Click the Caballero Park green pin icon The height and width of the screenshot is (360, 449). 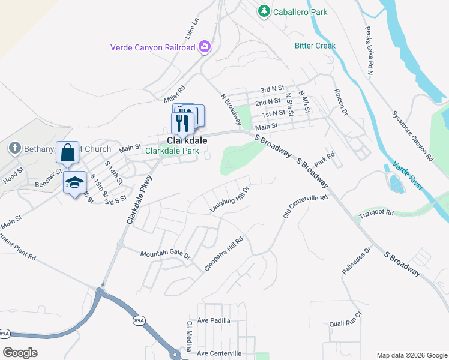coord(264,11)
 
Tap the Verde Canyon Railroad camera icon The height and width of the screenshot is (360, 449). coord(205,47)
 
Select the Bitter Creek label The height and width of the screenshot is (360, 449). coord(315,46)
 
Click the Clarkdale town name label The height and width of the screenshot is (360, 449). coord(183,140)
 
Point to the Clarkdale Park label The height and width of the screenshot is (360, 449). coord(172,151)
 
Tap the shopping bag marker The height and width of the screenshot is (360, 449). coord(67,152)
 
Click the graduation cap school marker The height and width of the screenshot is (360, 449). coord(74,182)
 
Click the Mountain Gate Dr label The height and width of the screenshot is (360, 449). coord(165,254)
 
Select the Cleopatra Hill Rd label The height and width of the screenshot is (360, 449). coord(223,254)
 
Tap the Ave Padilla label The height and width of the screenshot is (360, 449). coord(214,320)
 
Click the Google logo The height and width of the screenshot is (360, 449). coord(20,353)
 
